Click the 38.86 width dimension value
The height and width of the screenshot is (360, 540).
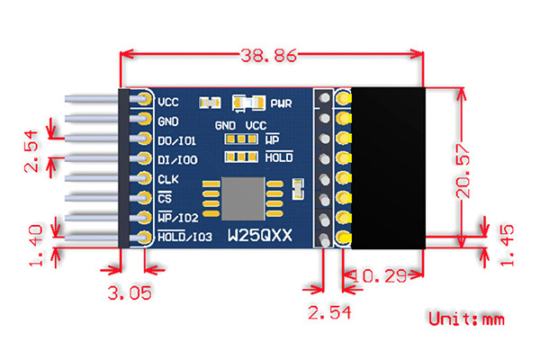268,55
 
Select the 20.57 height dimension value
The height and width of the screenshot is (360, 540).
463,171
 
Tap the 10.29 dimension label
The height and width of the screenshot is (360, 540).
379,276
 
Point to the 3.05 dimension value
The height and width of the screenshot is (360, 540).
130,293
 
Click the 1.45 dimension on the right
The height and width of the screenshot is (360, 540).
507,245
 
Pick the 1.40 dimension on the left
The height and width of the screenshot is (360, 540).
36,246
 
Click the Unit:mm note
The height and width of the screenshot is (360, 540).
466,319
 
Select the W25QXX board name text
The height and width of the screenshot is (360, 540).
260,236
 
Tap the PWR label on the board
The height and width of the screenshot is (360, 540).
281,103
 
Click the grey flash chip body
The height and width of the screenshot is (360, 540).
243,199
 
